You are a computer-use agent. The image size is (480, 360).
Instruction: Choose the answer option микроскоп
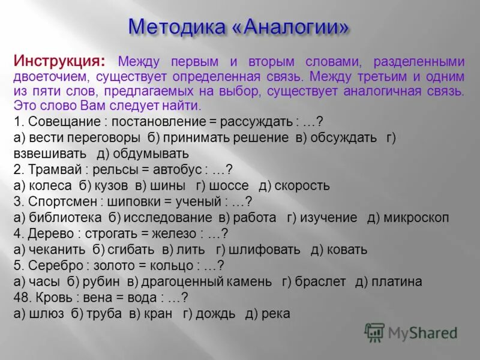click(415, 218)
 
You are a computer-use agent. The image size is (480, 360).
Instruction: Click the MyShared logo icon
click(374, 332)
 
